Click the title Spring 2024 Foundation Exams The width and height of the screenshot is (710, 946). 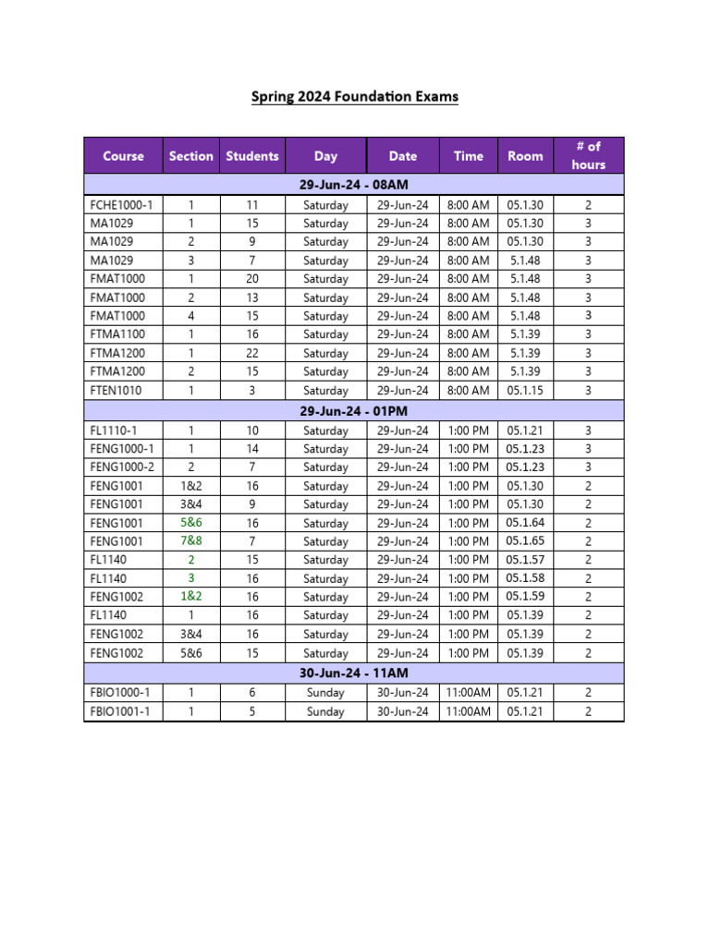pos(354,96)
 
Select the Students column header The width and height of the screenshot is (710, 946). pos(251,156)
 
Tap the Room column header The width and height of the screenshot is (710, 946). pos(525,156)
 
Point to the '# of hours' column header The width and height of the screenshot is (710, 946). pos(588,155)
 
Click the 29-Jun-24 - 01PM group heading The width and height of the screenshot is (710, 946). pos(354,409)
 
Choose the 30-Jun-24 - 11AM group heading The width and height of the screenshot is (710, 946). pos(354,673)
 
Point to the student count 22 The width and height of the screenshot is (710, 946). pos(252,353)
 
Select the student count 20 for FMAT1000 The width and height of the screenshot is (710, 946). pos(252,279)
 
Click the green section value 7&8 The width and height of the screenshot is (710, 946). pos(191,540)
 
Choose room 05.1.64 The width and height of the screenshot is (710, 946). pos(525,523)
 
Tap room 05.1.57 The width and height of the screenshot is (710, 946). pos(525,560)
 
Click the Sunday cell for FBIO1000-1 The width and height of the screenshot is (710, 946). pos(325,693)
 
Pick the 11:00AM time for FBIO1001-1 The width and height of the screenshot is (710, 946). pos(468,711)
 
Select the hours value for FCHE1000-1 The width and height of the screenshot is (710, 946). pos(588,205)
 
